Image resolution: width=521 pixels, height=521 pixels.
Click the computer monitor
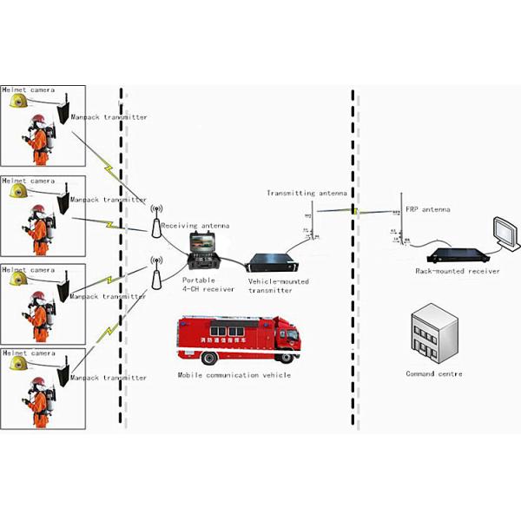(x=503, y=231)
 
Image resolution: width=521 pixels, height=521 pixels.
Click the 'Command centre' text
(x=434, y=374)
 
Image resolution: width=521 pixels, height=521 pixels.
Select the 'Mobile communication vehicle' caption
(x=234, y=375)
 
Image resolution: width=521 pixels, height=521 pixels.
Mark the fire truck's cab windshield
(x=291, y=333)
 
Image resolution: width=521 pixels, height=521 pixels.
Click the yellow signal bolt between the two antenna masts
(x=354, y=209)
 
